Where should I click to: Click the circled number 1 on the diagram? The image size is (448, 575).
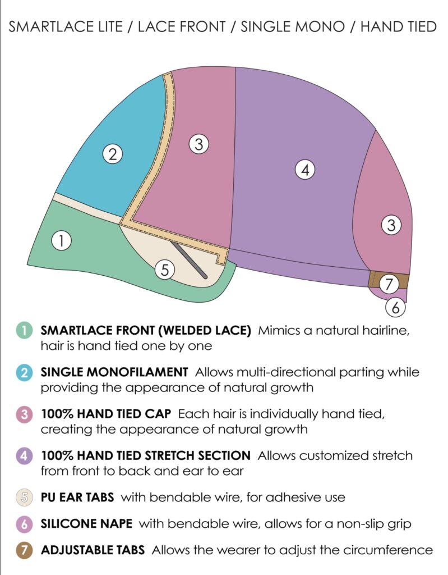61,241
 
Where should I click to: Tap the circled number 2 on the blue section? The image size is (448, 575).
113,154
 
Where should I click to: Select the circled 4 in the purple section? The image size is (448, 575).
305,170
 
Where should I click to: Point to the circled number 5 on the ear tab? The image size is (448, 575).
165,270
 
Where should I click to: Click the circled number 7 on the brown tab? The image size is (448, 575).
389,284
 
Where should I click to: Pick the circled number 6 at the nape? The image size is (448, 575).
396,307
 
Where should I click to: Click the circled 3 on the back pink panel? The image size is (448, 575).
391,225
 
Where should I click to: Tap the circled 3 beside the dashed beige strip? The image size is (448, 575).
198,144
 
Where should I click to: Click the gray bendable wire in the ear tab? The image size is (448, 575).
189,261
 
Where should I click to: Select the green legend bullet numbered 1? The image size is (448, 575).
24,330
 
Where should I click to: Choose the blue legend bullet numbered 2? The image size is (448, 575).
24,373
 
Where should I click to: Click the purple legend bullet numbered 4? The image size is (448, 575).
24,456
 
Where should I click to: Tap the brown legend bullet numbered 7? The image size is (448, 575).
24,550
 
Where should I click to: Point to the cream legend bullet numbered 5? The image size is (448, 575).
24,498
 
